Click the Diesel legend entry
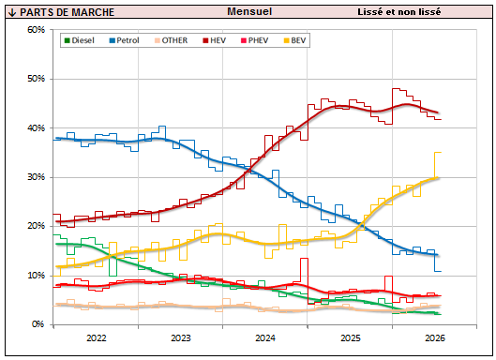pyautogui.click(x=80, y=40)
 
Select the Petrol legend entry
pyautogui.click(x=124, y=40)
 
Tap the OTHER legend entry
pyautogui.click(x=172, y=40)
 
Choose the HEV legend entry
pyautogui.click(x=215, y=40)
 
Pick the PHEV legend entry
pyautogui.click(x=255, y=40)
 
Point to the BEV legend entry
pyautogui.click(x=294, y=40)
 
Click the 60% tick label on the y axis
pyautogui.click(x=36, y=30)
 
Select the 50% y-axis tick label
pyautogui.click(x=36, y=79)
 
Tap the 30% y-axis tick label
pyautogui.click(x=36, y=177)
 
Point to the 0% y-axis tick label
pyautogui.click(x=38, y=324)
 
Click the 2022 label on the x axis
pyautogui.click(x=97, y=337)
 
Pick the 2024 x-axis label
pyautogui.click(x=265, y=337)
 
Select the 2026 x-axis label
pyautogui.click(x=435, y=337)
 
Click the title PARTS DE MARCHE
pyautogui.click(x=67, y=12)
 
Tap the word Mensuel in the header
pyautogui.click(x=249, y=11)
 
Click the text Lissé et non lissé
pyautogui.click(x=398, y=11)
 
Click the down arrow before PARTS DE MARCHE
pyautogui.click(x=12, y=12)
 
